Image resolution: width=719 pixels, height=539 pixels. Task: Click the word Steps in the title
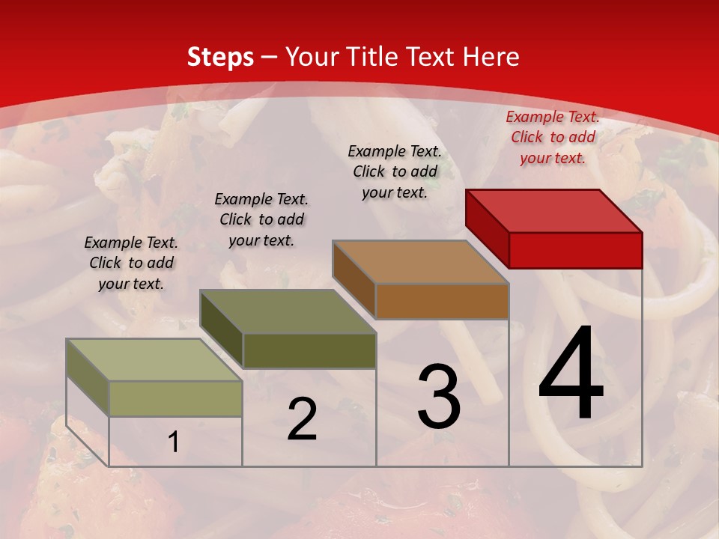click(x=220, y=57)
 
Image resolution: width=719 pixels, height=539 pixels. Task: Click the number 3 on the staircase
click(x=439, y=397)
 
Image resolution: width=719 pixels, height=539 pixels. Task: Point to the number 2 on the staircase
click(x=302, y=419)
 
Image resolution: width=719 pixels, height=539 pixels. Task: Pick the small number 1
click(x=174, y=442)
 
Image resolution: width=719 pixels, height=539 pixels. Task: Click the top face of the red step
click(x=553, y=210)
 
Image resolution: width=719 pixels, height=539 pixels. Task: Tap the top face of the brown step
click(x=420, y=262)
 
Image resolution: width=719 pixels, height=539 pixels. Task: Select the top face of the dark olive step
click(x=288, y=311)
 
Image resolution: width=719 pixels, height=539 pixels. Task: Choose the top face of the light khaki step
click(x=154, y=360)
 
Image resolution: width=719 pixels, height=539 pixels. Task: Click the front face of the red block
click(x=575, y=250)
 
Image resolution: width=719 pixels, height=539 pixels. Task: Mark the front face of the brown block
click(x=442, y=302)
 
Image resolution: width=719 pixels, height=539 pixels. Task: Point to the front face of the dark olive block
click(x=309, y=350)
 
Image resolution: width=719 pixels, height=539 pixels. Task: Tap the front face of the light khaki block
click(x=175, y=398)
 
